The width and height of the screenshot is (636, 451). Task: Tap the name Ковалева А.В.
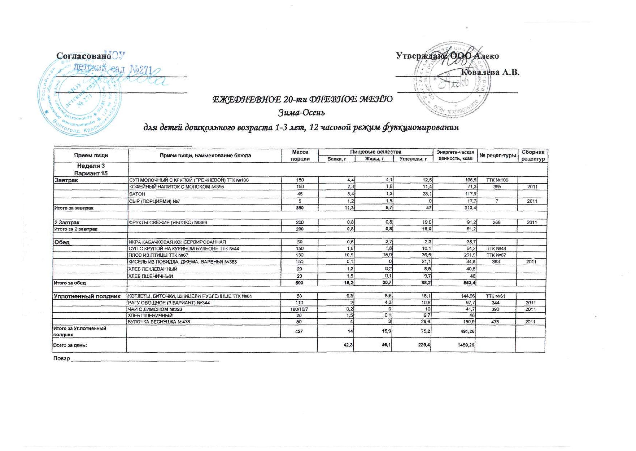[x=490, y=72]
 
